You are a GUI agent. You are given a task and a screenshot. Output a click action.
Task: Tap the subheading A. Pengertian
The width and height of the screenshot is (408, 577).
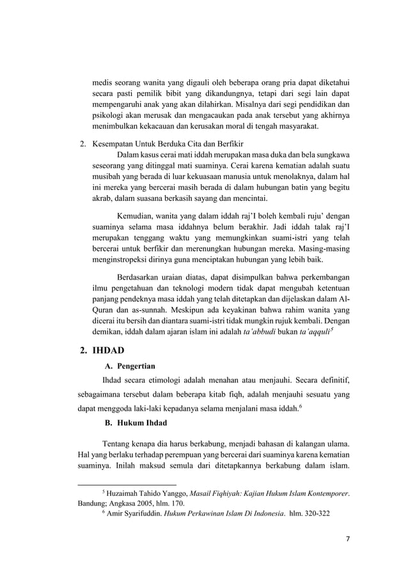pos(130,367)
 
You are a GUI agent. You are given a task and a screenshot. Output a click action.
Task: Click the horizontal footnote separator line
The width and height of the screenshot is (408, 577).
pos(126,484)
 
